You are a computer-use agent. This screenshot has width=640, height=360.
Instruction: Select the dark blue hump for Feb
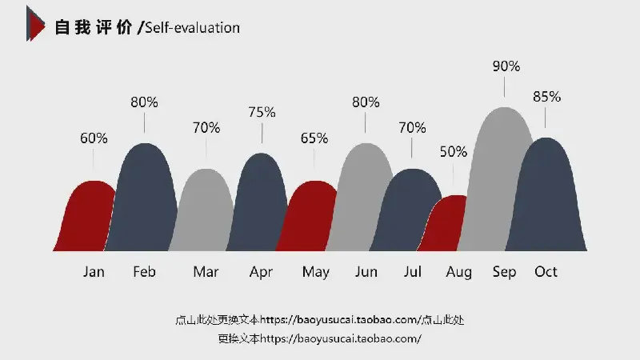pos(145,200)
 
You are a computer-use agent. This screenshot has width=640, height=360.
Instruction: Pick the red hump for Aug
pos(448,224)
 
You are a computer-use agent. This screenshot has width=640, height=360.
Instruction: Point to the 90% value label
pos(506,66)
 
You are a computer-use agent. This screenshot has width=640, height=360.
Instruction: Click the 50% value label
pos(454,151)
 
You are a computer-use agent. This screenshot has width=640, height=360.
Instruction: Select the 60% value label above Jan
pos(94,138)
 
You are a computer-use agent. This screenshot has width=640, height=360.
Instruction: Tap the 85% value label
pos(546,97)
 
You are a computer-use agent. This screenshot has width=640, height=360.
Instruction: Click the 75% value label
pos(262,112)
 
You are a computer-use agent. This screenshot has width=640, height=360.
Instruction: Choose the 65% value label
pos(314,138)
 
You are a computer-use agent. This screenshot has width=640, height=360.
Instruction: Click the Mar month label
pos(206,272)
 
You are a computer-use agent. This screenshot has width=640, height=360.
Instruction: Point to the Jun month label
pos(366,272)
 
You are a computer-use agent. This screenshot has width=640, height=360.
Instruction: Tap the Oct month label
pos(546,272)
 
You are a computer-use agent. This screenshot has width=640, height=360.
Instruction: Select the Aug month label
pos(459,272)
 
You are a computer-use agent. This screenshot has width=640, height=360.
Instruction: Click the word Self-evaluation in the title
pos(192,28)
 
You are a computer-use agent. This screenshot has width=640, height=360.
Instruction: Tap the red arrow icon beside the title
pos(34,23)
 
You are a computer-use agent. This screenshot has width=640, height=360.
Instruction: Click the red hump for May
pos(310,216)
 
